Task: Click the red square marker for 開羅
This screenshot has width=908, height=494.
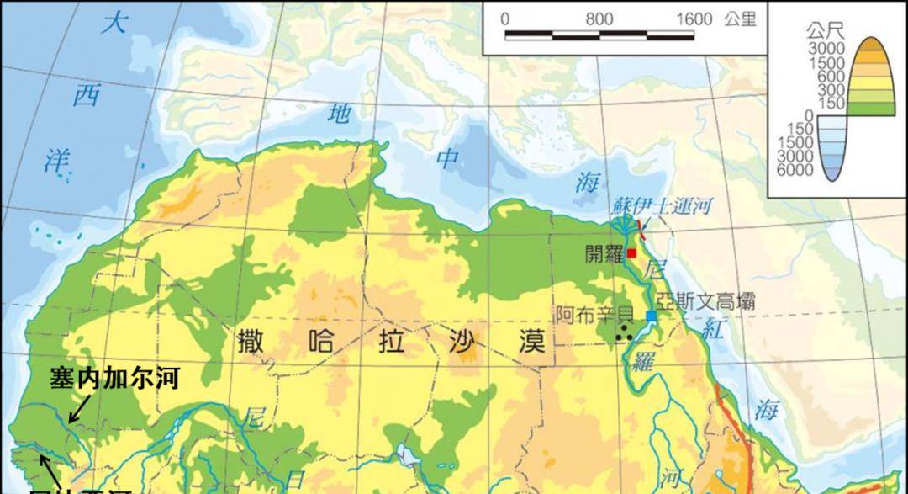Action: [x=631, y=252]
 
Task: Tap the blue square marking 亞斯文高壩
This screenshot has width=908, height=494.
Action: [x=652, y=316]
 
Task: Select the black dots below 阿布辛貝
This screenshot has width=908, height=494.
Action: [x=624, y=335]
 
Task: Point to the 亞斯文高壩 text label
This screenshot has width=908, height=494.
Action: [x=706, y=300]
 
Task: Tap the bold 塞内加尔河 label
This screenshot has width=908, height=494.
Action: [x=115, y=378]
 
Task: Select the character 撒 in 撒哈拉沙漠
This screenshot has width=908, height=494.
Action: [x=253, y=343]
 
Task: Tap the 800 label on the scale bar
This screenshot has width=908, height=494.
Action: [x=599, y=19]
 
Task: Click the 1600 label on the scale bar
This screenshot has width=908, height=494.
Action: [x=694, y=19]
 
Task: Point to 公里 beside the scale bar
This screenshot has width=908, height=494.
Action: [x=740, y=19]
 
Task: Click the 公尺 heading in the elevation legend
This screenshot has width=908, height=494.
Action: [x=824, y=31]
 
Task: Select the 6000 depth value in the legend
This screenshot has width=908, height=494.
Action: [x=794, y=170]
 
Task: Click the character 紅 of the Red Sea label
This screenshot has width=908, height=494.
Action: [x=714, y=331]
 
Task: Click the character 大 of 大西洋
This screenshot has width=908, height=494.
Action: [x=113, y=24]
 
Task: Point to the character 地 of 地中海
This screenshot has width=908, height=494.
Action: [x=339, y=114]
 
